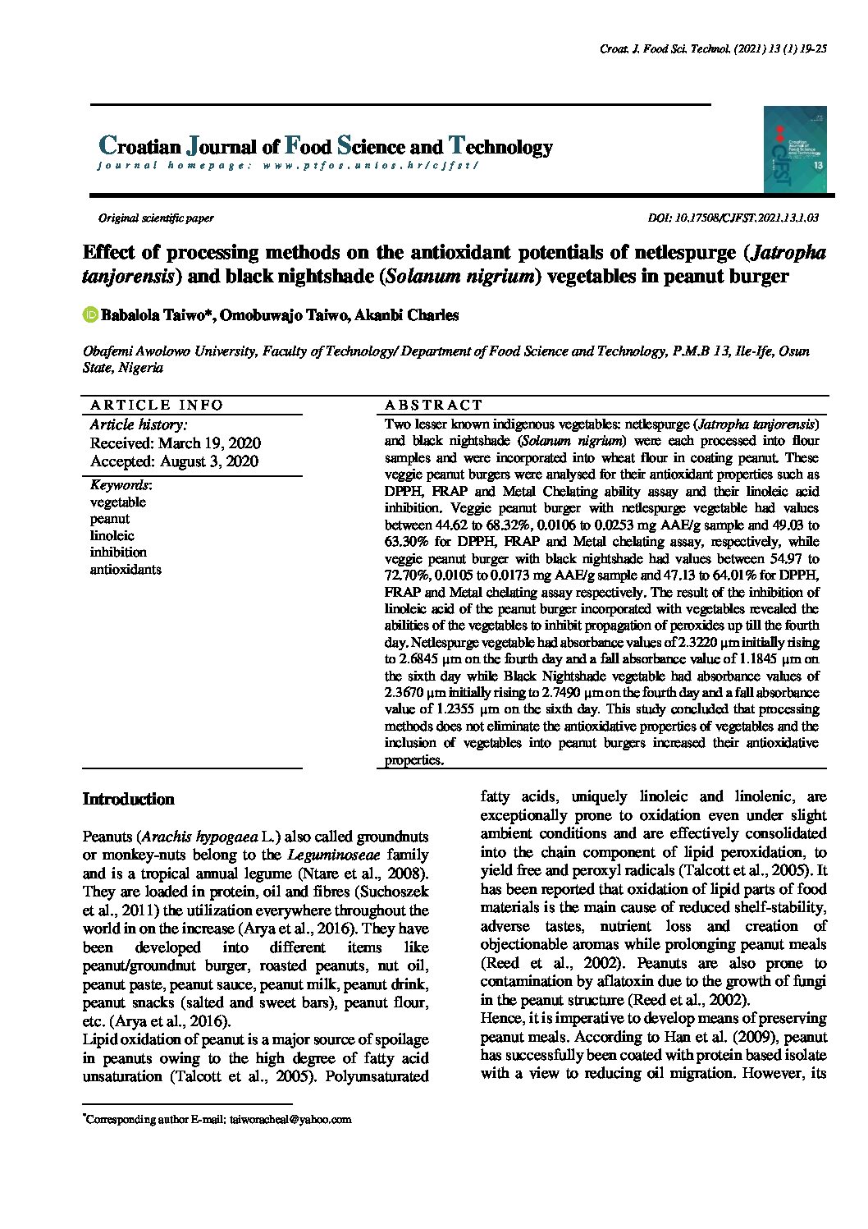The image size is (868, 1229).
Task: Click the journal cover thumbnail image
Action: [794, 149]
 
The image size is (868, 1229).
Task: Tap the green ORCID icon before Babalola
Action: [90, 314]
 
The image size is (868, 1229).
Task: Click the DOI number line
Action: [733, 218]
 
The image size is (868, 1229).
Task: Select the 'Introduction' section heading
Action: [129, 800]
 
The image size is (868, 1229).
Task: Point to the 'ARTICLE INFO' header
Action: [157, 405]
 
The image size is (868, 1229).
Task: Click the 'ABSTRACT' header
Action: [434, 405]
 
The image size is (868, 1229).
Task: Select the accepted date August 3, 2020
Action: [174, 461]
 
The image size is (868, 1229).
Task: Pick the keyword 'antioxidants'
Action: [126, 569]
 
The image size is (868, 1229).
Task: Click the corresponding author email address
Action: [290, 1119]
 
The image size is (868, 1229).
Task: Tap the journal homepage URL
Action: [370, 165]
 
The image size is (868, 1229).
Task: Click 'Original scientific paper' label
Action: [156, 218]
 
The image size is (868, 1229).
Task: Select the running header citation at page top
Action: [713, 49]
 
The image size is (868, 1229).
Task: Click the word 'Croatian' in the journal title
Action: [139, 147]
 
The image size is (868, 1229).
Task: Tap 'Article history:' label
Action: [139, 424]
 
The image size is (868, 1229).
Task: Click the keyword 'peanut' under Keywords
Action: [110, 519]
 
